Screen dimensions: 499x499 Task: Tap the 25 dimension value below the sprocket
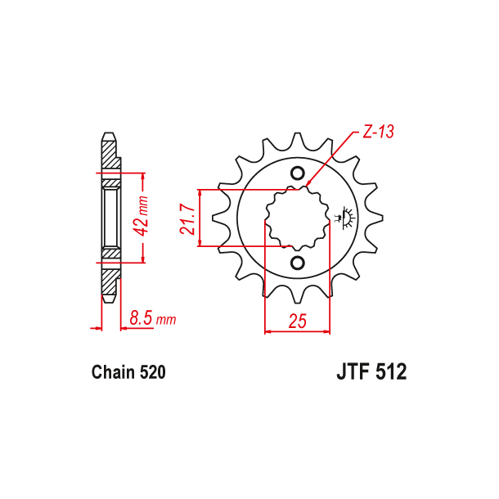[298, 321]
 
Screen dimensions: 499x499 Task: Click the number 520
[153, 373]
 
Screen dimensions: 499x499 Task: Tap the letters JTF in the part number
[354, 372]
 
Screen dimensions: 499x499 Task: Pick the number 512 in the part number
[390, 372]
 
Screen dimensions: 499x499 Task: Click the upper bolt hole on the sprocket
[298, 173]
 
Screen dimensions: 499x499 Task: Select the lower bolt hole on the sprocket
[298, 262]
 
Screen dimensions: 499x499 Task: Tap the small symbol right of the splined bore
[344, 218]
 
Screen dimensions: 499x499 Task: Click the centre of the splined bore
[298, 218]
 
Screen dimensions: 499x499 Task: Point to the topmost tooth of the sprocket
[298, 141]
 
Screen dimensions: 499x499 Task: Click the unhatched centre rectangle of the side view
[110, 218]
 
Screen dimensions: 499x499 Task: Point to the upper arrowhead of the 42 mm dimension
[143, 176]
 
